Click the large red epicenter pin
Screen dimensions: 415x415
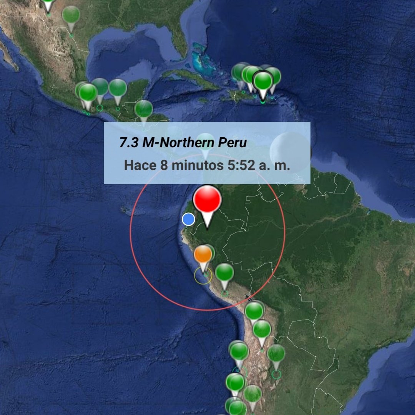coord(207,200)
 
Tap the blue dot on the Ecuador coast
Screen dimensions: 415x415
coord(188,219)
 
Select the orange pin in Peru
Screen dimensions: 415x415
coord(203,255)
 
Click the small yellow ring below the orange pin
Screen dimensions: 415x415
coord(203,276)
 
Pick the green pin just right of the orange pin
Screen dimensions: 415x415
coord(224,273)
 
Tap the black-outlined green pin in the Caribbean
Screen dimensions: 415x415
coord(263,82)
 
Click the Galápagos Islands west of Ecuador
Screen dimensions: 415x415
coord(125,210)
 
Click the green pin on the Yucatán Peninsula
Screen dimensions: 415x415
coord(118,88)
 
